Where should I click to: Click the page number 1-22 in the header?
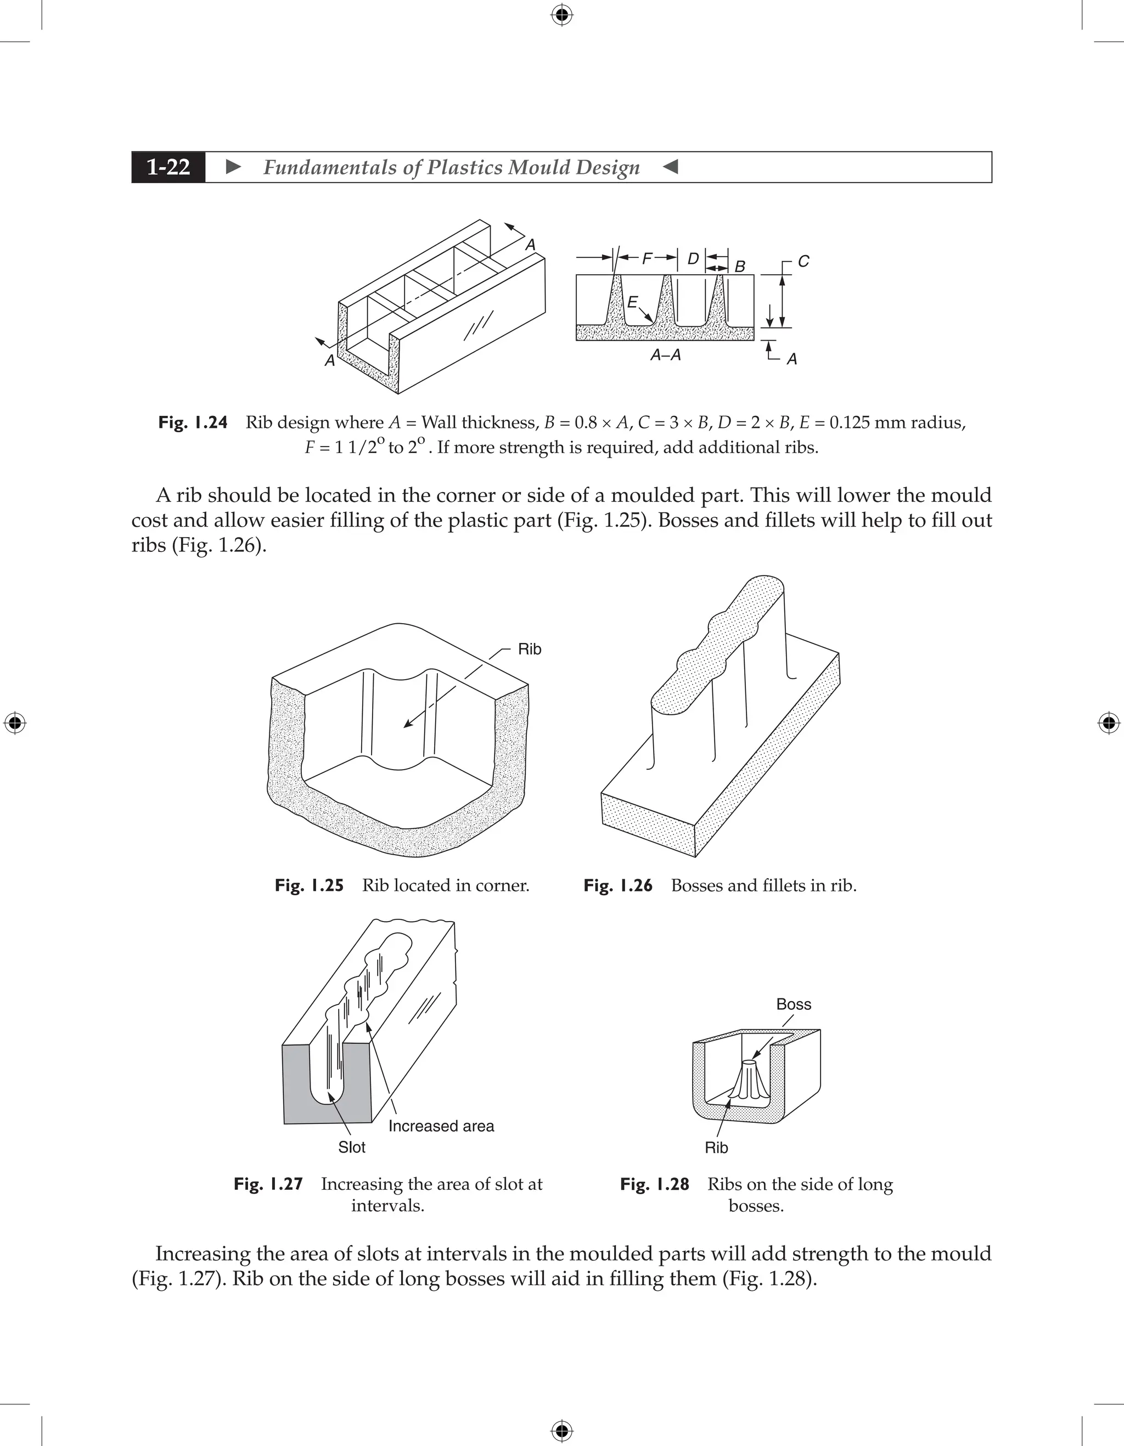point(168,167)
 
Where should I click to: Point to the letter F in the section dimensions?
point(647,258)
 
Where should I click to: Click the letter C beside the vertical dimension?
point(803,262)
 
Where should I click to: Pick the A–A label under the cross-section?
point(665,355)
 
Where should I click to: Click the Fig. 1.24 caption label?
point(193,422)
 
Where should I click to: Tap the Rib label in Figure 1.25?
point(529,649)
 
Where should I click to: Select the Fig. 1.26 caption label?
point(617,886)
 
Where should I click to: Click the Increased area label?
point(441,1126)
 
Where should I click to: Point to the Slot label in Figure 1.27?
point(351,1148)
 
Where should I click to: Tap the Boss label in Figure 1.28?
point(794,1004)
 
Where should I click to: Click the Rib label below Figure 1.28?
point(716,1148)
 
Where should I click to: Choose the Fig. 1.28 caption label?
point(654,1184)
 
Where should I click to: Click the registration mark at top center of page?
point(561,15)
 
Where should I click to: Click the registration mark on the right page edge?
point(1108,723)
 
